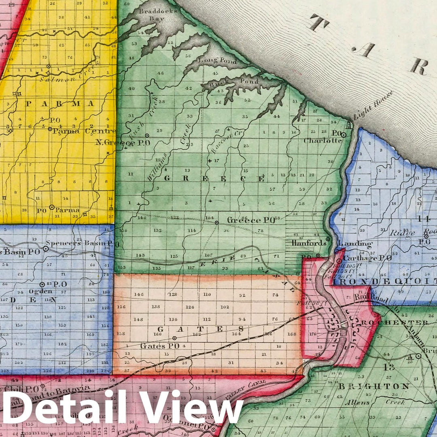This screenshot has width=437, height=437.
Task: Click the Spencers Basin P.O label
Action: tap(78, 244)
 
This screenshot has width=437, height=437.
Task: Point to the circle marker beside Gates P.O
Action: tap(174, 338)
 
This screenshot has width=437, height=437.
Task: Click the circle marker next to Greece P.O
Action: tap(216, 223)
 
